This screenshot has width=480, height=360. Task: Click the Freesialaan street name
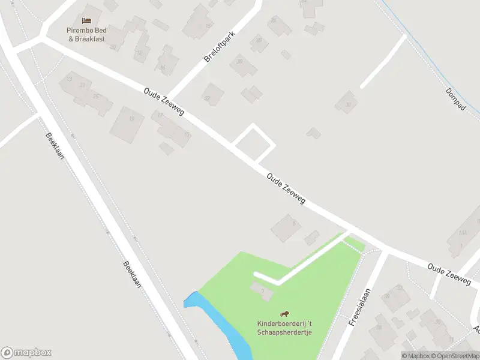359,306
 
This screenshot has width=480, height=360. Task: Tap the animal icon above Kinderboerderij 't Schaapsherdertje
285,314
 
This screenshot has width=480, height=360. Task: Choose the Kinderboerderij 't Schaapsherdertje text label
285,328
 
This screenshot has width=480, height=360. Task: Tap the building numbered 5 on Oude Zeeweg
286,227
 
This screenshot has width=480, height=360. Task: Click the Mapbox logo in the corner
26,352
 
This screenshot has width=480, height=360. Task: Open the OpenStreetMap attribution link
453,356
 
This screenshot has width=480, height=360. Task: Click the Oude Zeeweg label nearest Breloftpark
164,103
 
